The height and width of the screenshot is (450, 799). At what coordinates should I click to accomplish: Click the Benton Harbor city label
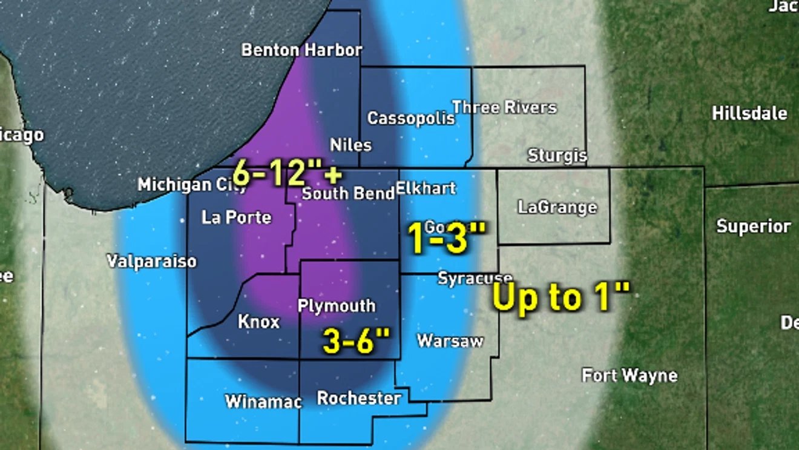[301, 50]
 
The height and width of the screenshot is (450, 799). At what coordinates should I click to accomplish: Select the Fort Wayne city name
[630, 376]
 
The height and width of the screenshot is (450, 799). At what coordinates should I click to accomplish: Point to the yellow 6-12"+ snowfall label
[287, 175]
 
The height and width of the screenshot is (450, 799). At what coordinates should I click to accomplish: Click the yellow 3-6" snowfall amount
[356, 341]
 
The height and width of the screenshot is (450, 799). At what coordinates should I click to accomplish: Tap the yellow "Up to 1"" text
[561, 297]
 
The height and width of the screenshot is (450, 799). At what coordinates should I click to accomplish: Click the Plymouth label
[337, 306]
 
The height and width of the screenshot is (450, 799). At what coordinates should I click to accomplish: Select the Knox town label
[258, 321]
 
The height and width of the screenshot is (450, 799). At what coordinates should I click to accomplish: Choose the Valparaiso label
[152, 261]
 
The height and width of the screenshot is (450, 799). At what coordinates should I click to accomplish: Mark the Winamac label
[263, 402]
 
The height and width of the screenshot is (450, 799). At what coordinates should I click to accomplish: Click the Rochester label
[359, 399]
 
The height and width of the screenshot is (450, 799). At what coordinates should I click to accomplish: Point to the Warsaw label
[450, 341]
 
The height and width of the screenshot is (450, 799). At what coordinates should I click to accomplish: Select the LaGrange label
[557, 207]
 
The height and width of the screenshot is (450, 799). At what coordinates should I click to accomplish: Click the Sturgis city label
[557, 156]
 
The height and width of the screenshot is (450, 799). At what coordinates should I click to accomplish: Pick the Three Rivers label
[504, 107]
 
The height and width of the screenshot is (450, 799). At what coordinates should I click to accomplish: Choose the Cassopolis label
[411, 117]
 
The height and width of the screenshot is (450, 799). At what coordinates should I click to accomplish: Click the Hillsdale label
[749, 113]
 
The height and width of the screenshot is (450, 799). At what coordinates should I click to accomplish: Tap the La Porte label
[237, 217]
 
